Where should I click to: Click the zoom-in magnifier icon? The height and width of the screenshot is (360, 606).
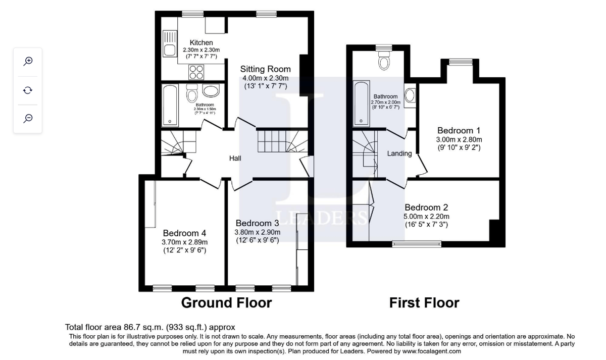28,61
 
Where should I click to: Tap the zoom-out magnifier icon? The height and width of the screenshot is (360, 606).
28,118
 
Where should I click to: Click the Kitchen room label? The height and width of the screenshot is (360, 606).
201,42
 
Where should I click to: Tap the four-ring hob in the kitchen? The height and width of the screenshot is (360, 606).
196,72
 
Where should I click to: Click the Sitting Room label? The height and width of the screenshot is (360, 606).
265,69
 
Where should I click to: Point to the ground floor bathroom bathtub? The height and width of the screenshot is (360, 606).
170,106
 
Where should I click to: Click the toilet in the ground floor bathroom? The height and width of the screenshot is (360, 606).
191,94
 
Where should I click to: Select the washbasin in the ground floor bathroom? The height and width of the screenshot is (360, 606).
211,91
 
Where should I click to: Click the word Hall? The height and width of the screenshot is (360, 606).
235,159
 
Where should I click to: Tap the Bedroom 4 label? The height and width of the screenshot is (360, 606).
184,233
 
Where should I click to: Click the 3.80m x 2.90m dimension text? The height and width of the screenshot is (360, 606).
257,232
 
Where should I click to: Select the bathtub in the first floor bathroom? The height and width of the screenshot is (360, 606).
362,104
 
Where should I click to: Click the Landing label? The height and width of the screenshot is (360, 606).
399,153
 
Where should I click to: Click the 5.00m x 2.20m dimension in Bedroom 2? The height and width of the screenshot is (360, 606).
426,217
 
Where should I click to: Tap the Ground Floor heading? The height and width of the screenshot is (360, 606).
226,302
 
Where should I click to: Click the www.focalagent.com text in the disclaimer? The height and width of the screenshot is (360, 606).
432,351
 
